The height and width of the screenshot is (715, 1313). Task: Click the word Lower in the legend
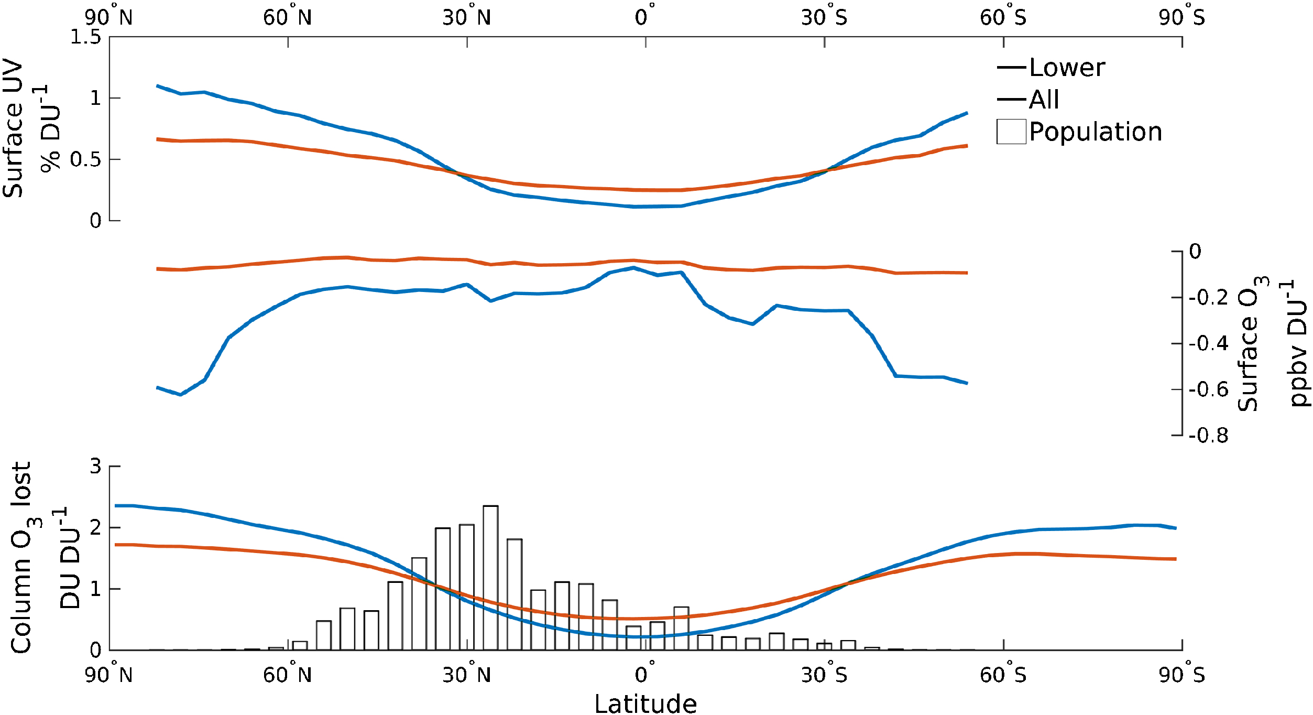pyautogui.click(x=1067, y=68)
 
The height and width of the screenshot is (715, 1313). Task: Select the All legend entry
pyautogui.click(x=1044, y=100)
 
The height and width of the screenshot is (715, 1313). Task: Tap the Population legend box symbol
pyautogui.click(x=1011, y=132)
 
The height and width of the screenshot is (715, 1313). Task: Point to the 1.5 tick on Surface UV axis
pyautogui.click(x=86, y=37)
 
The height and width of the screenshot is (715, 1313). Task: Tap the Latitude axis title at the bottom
pyautogui.click(x=645, y=703)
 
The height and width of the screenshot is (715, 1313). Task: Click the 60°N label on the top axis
pyautogui.click(x=288, y=17)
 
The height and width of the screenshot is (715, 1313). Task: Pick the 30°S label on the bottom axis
pyautogui.click(x=824, y=675)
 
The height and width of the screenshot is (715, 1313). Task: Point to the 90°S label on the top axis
pyautogui.click(x=1182, y=17)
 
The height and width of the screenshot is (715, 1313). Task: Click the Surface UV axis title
pyautogui.click(x=14, y=128)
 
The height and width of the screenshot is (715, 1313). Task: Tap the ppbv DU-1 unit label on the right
pyautogui.click(x=1297, y=343)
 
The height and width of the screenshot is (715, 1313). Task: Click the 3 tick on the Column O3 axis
pyautogui.click(x=95, y=466)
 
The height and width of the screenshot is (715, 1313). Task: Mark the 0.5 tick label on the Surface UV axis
pyautogui.click(x=86, y=160)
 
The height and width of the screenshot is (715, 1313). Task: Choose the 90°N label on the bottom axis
pyautogui.click(x=109, y=675)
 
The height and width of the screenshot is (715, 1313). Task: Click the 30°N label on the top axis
pyautogui.click(x=467, y=17)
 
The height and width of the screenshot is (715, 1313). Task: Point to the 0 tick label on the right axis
pyautogui.click(x=1195, y=251)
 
